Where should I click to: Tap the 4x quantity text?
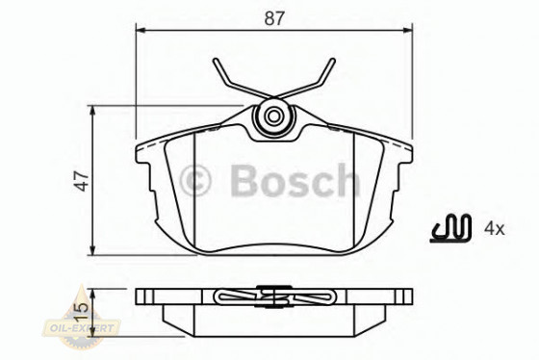(495, 228)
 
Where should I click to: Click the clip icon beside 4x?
(449, 228)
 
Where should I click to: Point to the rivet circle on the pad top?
(274, 118)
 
